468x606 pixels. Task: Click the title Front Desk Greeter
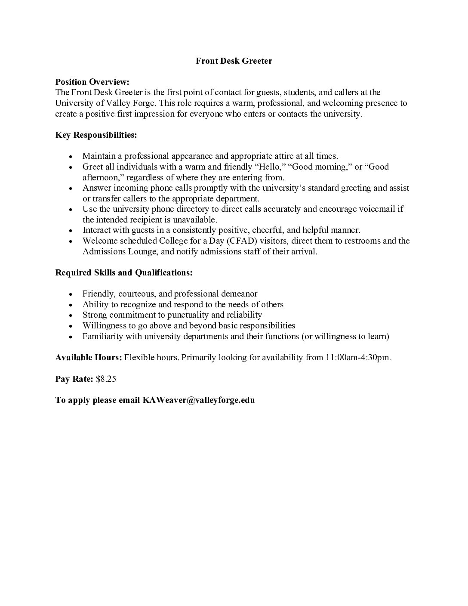tap(234, 61)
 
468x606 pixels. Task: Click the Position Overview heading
tap(92, 82)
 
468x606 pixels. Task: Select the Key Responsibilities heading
tap(96, 135)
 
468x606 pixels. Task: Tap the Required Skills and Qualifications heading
tap(124, 272)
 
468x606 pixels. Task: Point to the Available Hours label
tap(89, 358)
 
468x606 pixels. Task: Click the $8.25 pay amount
tap(106, 379)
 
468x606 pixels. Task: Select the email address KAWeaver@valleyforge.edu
tap(198, 400)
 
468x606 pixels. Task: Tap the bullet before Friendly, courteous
tap(71, 294)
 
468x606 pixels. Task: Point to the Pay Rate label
tap(74, 379)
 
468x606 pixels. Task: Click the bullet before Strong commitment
tap(71, 315)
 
